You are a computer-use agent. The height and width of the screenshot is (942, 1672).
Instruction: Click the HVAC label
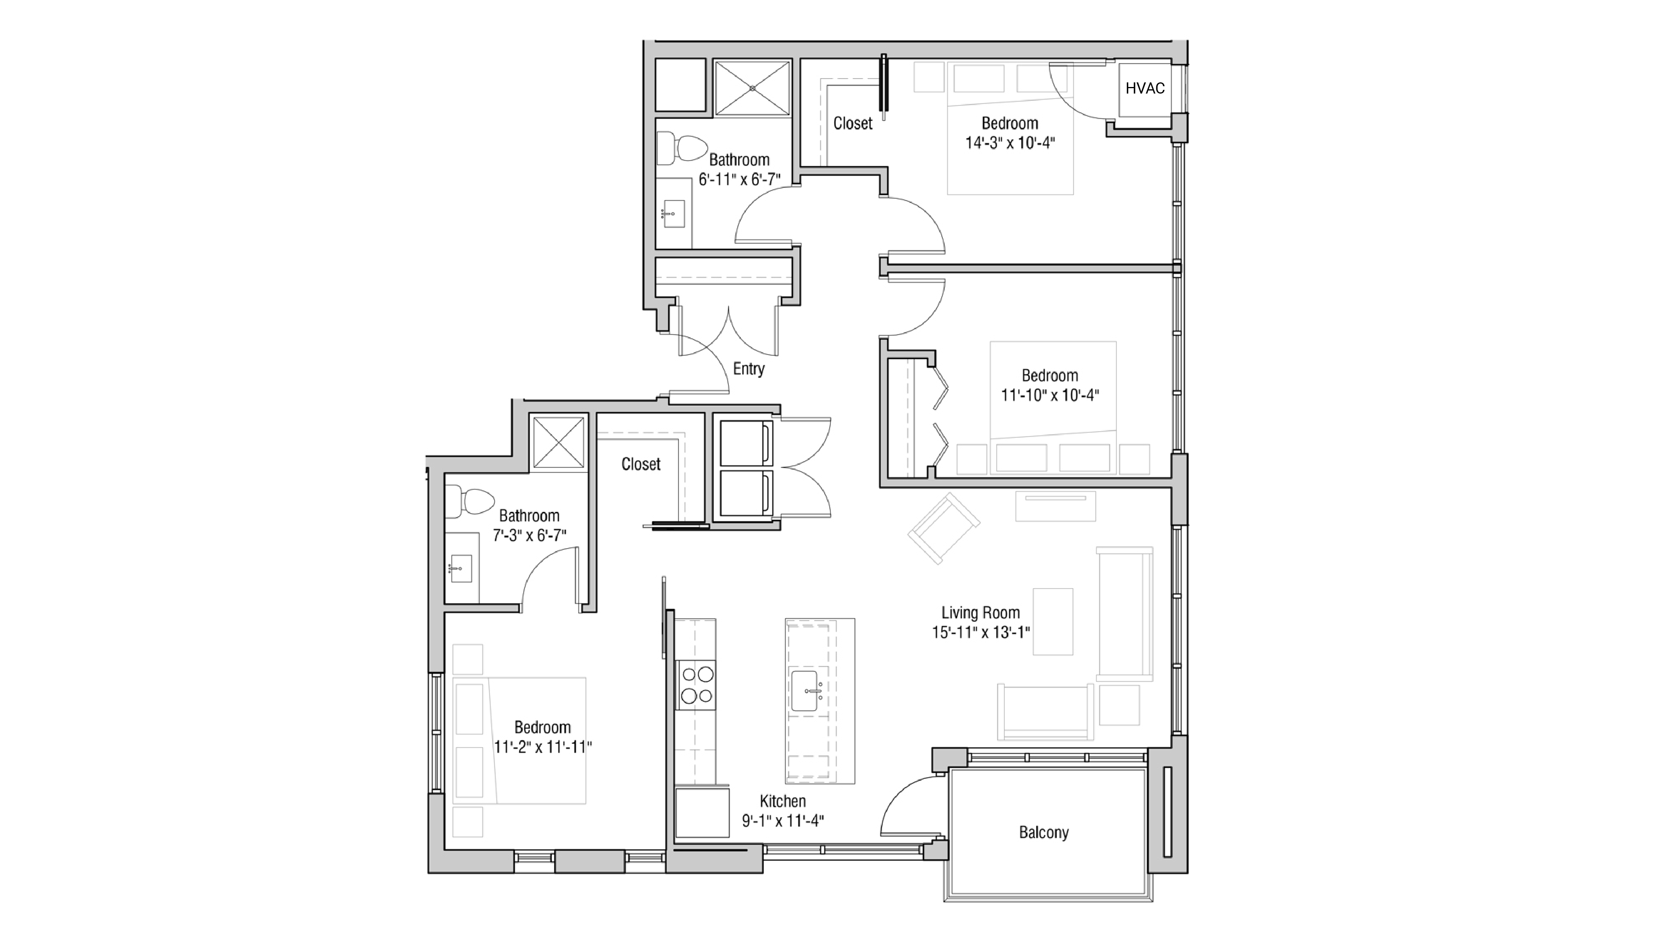(x=1144, y=88)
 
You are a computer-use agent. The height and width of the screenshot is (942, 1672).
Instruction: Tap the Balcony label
(x=1043, y=832)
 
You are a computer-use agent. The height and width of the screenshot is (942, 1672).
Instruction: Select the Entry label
(x=748, y=369)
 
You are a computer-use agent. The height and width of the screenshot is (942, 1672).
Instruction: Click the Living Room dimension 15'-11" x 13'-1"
(x=981, y=632)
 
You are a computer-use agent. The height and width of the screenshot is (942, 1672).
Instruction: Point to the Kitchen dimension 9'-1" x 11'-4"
(x=783, y=821)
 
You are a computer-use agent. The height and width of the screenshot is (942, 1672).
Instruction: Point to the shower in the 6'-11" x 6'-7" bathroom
(x=752, y=88)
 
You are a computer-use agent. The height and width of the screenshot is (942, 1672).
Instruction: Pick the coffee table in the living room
(x=1053, y=621)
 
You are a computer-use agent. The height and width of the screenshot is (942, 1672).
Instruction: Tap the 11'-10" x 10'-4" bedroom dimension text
(x=1049, y=395)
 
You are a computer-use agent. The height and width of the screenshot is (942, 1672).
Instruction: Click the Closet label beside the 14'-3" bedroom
(x=852, y=123)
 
